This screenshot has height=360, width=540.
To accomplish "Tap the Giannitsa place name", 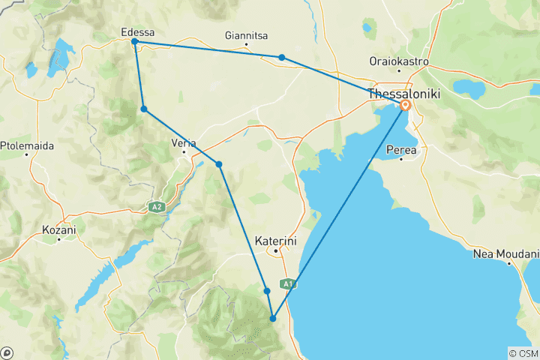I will (246, 35).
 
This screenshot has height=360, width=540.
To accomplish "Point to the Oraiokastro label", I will (400, 61).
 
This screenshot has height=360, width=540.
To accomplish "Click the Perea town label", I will (401, 150).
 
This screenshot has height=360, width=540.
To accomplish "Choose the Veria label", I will (184, 142).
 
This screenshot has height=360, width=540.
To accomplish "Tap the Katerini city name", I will (276, 241).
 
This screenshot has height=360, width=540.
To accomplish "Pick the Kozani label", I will (59, 230).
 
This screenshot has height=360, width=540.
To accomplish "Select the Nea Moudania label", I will (505, 254).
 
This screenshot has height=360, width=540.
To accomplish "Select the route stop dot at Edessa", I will (134, 42).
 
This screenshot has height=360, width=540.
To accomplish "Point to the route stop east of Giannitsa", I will (281, 57).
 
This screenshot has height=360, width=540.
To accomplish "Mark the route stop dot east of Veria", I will (219, 164).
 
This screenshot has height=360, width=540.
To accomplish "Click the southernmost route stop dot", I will (273, 319).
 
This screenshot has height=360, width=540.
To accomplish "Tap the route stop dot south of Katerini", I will (266, 291).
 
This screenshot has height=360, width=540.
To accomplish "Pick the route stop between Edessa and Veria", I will (143, 109).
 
